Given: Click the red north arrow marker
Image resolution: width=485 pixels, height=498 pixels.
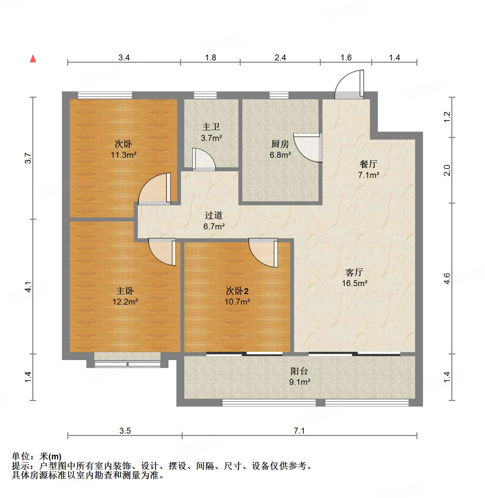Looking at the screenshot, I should [x=33, y=59].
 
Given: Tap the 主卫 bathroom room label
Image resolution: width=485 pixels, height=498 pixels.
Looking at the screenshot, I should [x=211, y=127].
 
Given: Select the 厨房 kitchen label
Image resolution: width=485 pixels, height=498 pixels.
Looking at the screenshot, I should [x=280, y=144].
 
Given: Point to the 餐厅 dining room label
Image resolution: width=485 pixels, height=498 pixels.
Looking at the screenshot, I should [x=368, y=164].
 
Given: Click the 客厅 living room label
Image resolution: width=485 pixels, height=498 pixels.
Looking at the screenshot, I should [x=354, y=272].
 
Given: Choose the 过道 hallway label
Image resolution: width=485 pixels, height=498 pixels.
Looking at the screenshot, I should [x=214, y=216].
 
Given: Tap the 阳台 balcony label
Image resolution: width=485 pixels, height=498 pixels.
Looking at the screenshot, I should [x=299, y=371].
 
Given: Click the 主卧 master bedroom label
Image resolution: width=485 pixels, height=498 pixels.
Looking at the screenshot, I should [x=125, y=291].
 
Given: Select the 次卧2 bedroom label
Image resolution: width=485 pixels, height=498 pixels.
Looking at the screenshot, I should [x=237, y=291].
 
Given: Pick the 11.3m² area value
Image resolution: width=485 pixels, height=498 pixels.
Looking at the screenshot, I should [x=124, y=155].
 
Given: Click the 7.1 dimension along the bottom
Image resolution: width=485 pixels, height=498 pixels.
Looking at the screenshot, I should [x=299, y=431].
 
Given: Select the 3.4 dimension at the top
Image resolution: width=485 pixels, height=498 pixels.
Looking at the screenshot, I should [x=124, y=58].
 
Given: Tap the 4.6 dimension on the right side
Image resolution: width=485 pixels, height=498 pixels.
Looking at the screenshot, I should [x=447, y=278].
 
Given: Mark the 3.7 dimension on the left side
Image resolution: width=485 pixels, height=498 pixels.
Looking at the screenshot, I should [x=28, y=158].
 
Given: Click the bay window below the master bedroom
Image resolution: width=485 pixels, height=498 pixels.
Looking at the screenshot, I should [x=127, y=360].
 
